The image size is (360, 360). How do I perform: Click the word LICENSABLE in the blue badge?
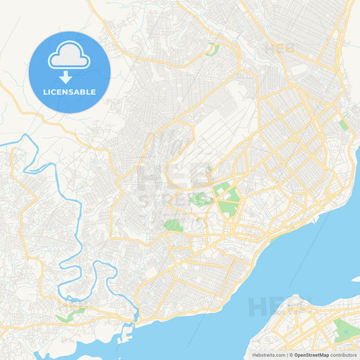coord(70,92)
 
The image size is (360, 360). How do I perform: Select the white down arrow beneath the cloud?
coord(69,76)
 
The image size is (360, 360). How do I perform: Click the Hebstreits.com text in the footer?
coord(269,355)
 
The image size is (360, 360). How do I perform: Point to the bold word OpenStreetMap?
coord(311,355)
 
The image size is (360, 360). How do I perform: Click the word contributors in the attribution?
coord(343,355)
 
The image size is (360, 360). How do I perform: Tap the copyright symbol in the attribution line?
coord(291,355)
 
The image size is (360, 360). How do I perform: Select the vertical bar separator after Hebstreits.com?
coord(286,355)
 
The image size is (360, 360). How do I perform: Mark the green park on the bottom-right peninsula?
coord(344,329)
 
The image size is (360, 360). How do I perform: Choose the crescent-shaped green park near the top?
coord(213,49)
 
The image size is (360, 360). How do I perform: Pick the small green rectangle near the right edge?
coord(343,124)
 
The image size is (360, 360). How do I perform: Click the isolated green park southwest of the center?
coord(174,225)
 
